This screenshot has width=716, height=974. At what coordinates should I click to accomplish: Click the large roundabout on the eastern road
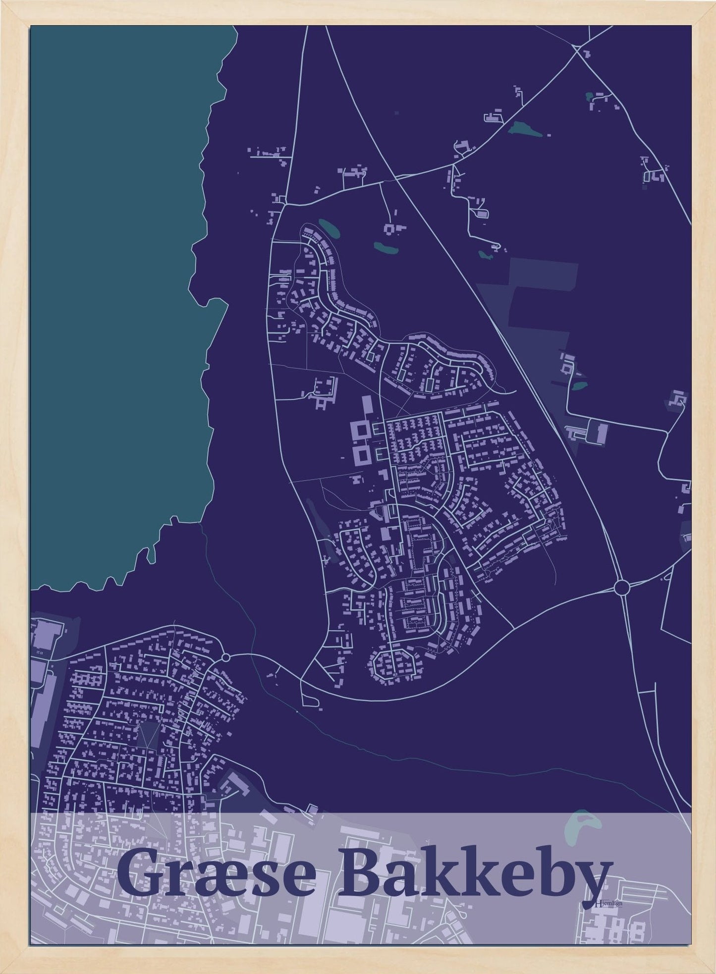(621, 588)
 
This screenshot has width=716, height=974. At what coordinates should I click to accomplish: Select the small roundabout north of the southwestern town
(226, 657)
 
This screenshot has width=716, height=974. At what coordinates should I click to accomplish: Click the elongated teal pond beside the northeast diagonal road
(523, 130)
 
